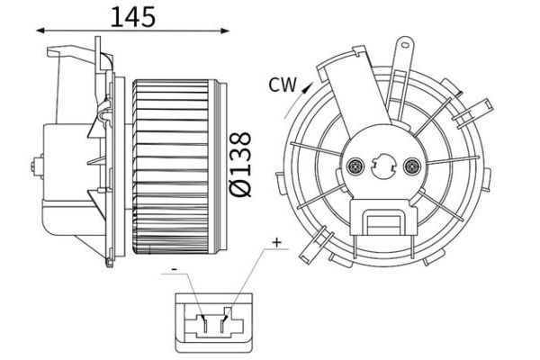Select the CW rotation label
[x=282, y=85]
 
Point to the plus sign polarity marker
[x=277, y=242]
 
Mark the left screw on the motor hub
[x=355, y=166]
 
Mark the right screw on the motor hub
[x=413, y=166]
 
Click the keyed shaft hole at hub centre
[x=384, y=166]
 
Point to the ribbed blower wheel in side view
[x=175, y=166]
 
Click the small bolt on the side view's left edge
[x=36, y=166]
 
